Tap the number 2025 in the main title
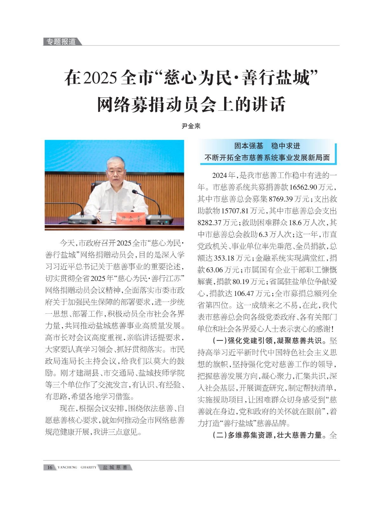pos(99,78)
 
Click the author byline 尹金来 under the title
pos(191,126)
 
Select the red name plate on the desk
pos(131,219)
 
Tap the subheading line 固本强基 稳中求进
pos(267,146)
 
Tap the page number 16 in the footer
pos(50,467)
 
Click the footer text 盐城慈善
pos(115,467)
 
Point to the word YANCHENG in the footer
pos(67,467)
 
